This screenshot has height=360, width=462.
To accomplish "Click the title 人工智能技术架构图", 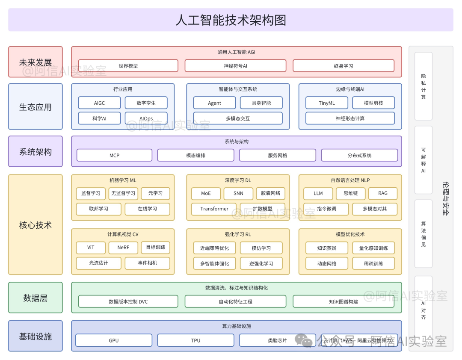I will (231, 20).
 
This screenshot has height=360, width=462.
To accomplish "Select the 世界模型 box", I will (128, 66).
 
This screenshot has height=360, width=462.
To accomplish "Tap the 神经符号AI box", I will (235, 66).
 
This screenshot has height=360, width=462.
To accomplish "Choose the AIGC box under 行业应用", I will (99, 103).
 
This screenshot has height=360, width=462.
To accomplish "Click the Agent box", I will (214, 103).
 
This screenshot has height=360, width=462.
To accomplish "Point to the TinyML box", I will (327, 103).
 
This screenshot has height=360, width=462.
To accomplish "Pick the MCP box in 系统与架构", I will (114, 155).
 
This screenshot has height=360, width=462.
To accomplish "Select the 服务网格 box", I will (278, 155).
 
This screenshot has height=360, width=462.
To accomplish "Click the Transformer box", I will (214, 209).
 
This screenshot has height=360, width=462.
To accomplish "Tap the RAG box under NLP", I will (383, 193).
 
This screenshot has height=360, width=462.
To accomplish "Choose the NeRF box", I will (123, 248).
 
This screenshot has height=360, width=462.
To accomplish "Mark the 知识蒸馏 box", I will (327, 248).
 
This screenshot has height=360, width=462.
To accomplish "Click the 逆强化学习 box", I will (261, 263).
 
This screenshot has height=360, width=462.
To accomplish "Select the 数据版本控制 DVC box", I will (128, 301).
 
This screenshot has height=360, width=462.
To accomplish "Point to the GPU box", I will (114, 340).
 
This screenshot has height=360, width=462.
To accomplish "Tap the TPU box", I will (195, 340).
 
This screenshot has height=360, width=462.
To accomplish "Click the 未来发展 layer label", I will (36, 62).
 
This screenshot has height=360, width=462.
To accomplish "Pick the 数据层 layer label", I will (36, 298).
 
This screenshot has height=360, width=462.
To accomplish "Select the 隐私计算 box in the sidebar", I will (423, 86).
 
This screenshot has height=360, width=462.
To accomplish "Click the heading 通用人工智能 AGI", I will (236, 52).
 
